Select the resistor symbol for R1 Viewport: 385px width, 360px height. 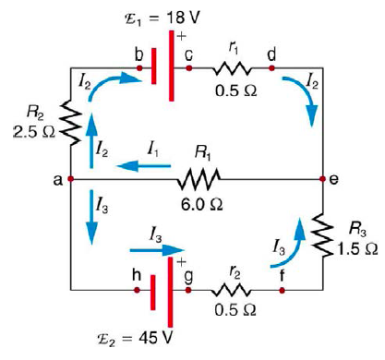click(x=199, y=177)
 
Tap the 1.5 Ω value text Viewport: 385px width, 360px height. click(x=355, y=248)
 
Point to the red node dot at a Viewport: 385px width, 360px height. click(x=71, y=178)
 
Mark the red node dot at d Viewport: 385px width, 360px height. click(x=271, y=67)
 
